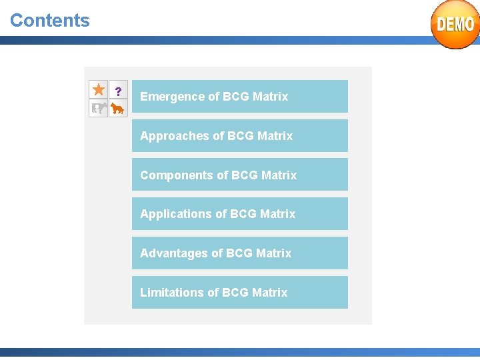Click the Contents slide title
click(x=50, y=20)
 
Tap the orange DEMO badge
click(x=455, y=25)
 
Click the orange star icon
click(x=99, y=89)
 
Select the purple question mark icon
click(x=118, y=91)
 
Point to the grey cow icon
click(x=99, y=108)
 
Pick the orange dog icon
click(x=118, y=108)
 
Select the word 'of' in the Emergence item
click(x=214, y=97)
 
